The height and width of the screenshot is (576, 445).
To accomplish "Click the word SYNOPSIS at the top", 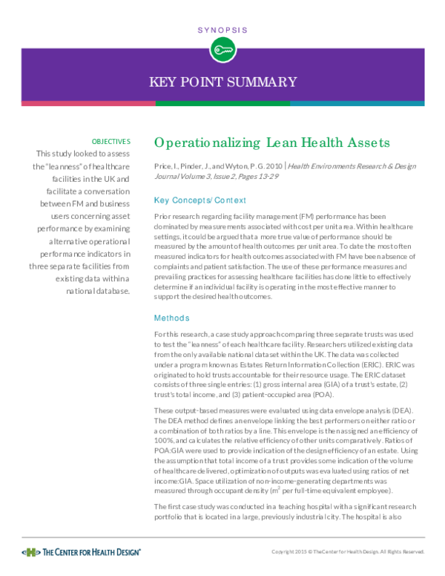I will click(222, 30).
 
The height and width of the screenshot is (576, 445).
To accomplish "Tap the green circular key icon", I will click(222, 50).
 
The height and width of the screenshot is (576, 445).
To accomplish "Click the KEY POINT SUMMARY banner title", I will click(222, 82).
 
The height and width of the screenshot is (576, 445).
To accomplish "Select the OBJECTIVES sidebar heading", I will click(111, 141).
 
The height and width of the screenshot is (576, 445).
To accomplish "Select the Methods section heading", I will click(171, 318).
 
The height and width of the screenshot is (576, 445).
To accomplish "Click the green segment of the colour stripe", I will click(222, 103).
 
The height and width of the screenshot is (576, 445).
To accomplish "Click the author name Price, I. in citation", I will click(166, 168).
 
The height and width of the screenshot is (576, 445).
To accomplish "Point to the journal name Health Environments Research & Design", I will click(356, 168).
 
